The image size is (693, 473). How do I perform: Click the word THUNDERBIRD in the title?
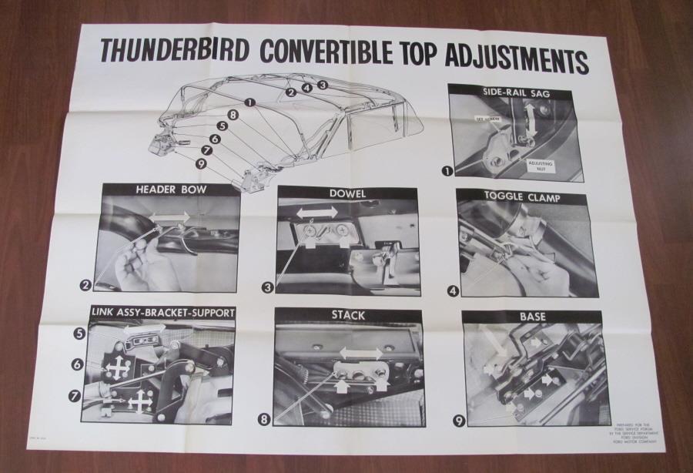[x=174, y=51]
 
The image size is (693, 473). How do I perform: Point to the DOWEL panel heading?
[x=346, y=195]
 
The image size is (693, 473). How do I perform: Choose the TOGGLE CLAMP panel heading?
[x=521, y=198]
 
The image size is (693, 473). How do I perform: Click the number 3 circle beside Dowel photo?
[x=268, y=287]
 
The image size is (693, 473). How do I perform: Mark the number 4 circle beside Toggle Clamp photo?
[x=453, y=291]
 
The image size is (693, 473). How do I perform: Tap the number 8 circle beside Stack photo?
[x=265, y=420]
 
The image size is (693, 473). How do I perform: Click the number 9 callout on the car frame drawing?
[x=200, y=163]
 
